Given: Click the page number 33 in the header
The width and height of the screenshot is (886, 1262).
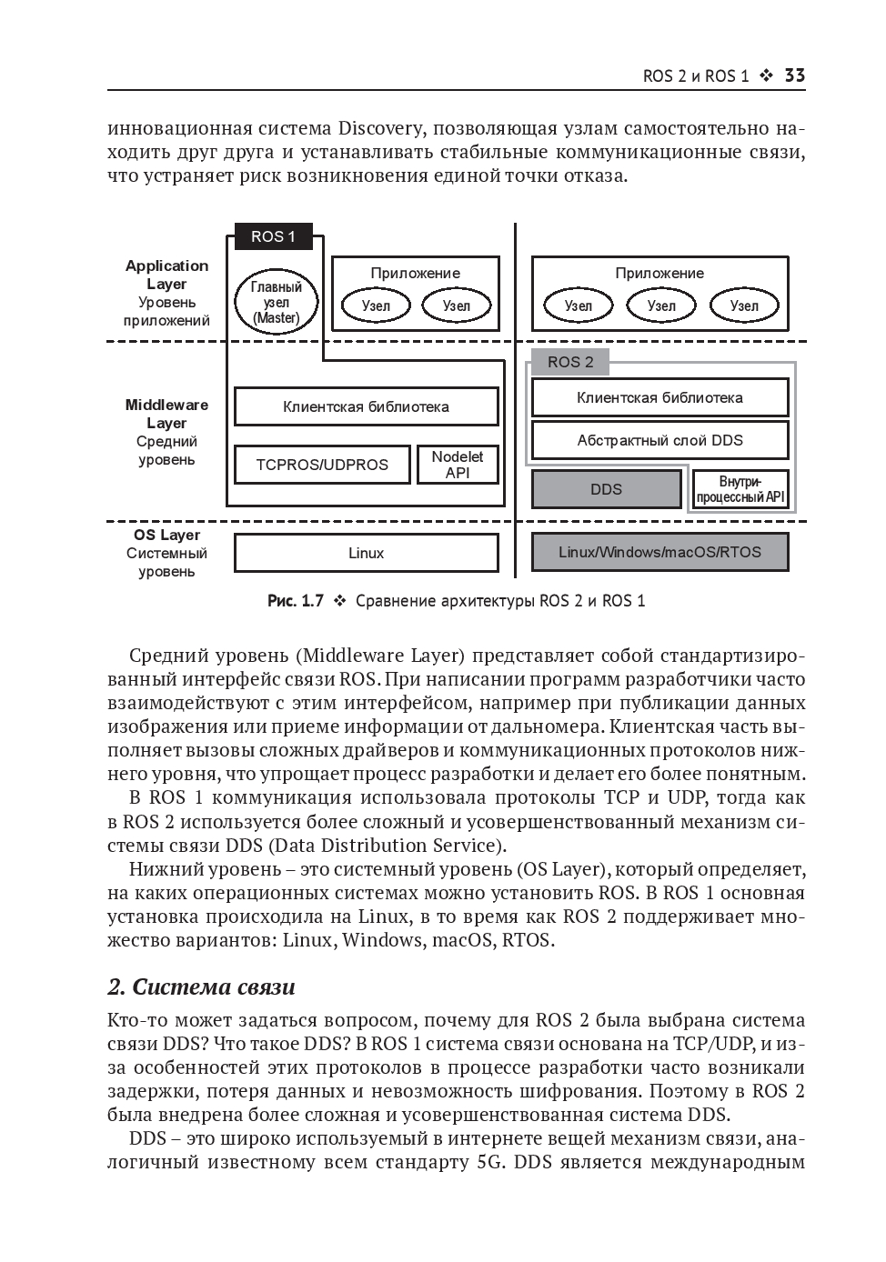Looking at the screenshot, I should (794, 76).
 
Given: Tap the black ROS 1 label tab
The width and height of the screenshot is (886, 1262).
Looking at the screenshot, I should (273, 237).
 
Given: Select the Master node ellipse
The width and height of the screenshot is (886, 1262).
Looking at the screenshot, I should (276, 302).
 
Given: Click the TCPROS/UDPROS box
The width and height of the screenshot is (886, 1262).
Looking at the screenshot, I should (321, 465).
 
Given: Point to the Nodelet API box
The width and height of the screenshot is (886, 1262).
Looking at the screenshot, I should (458, 465).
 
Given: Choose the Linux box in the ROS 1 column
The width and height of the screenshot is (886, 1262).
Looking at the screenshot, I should (366, 553).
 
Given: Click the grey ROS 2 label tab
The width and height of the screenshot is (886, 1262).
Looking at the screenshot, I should (570, 362).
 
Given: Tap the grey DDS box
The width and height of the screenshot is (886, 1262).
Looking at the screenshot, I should (606, 489).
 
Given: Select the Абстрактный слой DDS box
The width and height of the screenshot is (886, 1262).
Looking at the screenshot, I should (659, 440).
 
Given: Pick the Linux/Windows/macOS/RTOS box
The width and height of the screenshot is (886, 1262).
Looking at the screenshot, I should (659, 552).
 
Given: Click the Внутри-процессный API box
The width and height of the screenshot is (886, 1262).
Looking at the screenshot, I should (740, 489).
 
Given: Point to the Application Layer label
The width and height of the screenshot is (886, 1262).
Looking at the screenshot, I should (166, 275).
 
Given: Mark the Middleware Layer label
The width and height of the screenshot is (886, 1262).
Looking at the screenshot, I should (166, 414).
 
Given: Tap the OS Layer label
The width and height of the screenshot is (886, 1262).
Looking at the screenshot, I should (166, 536).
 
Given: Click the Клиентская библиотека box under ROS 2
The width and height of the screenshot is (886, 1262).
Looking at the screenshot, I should (659, 397).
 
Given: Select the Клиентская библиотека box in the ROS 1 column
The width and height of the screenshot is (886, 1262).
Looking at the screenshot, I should (366, 406).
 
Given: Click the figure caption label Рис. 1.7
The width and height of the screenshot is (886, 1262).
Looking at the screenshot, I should (296, 601).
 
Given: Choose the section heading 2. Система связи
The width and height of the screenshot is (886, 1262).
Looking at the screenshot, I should (201, 987).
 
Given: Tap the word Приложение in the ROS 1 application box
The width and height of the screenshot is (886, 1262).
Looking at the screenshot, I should (415, 273).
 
